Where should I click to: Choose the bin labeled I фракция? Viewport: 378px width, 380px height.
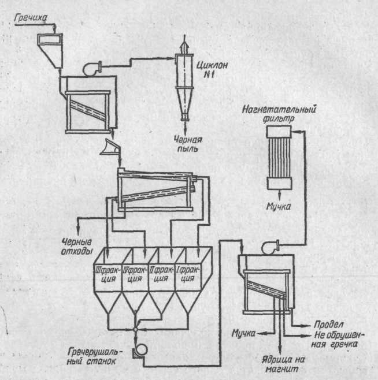click(x=187, y=274)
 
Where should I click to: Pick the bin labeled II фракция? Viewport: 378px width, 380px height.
click(x=160, y=274)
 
